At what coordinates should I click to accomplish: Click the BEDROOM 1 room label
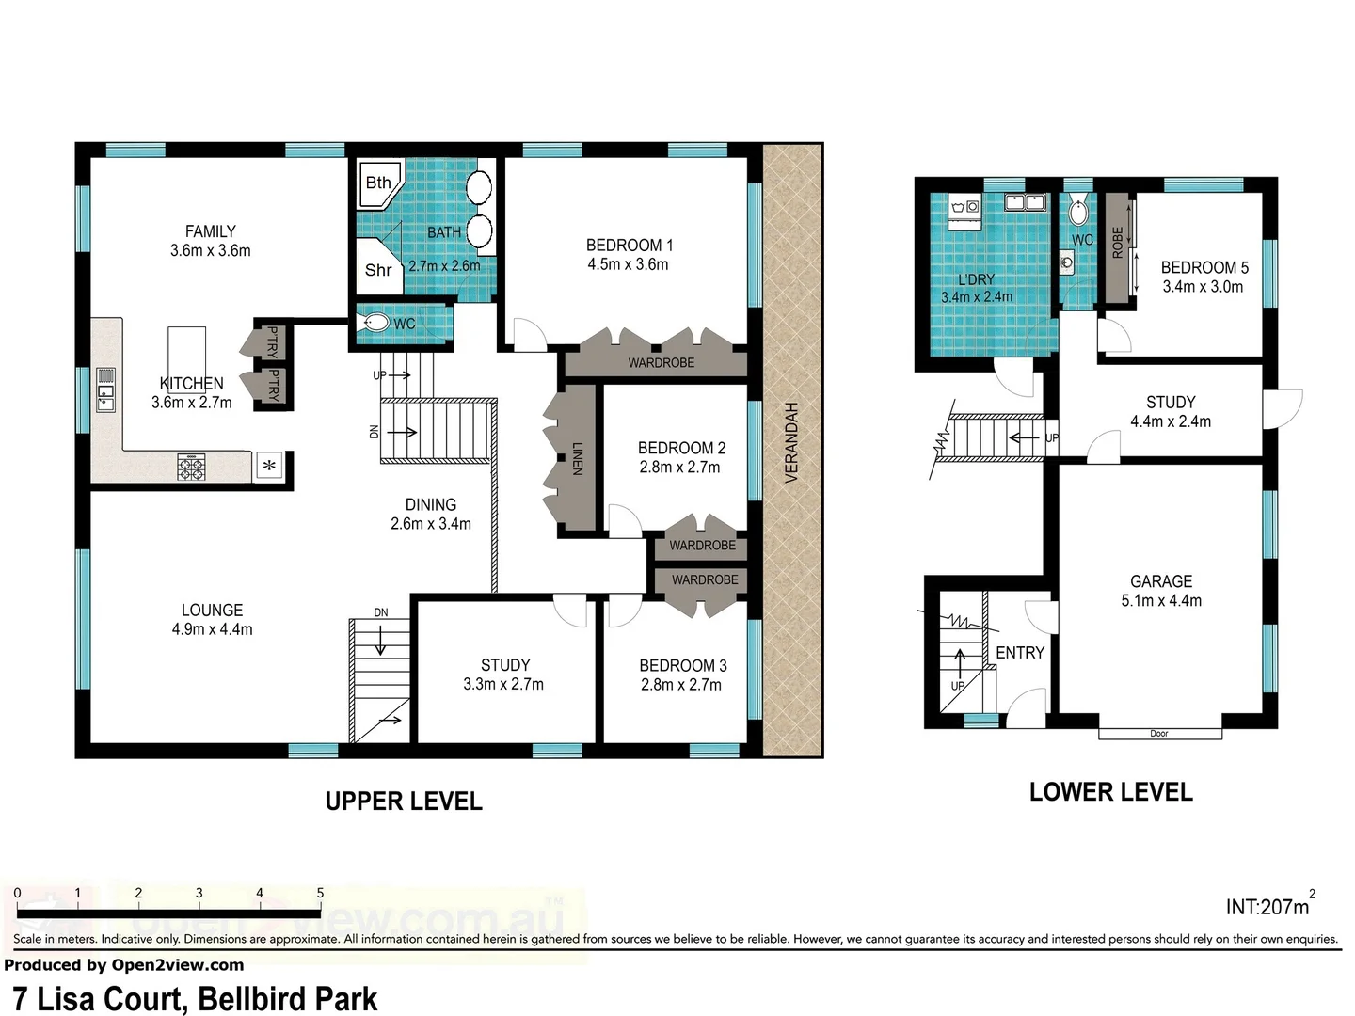629,245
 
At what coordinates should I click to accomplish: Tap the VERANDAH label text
791,442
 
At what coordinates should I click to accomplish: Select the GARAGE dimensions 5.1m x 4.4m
1161,601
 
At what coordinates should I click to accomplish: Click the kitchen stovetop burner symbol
191,467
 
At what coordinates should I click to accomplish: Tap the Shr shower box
377,270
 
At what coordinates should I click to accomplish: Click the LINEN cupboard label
577,458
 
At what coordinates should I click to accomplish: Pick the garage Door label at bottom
1159,734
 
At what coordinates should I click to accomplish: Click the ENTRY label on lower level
1020,653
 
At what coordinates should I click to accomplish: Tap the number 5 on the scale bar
320,893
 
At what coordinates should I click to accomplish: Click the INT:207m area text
1267,907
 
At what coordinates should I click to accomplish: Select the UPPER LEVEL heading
404,802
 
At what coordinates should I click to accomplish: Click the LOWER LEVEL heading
1110,792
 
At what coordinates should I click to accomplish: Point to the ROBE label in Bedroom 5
1118,243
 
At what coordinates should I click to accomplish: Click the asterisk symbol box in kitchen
269,466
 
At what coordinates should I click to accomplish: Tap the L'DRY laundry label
976,279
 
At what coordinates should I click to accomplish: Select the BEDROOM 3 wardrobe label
705,580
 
